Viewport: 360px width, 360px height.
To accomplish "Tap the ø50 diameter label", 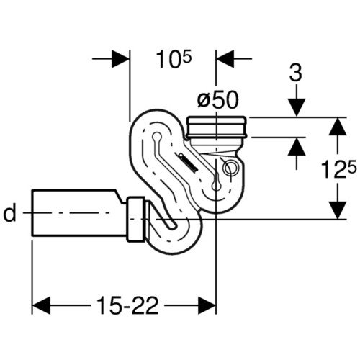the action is pos(218,100).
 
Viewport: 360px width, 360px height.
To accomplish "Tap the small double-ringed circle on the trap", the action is pos(230,168).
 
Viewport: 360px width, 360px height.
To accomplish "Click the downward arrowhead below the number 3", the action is pos(297,108).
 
